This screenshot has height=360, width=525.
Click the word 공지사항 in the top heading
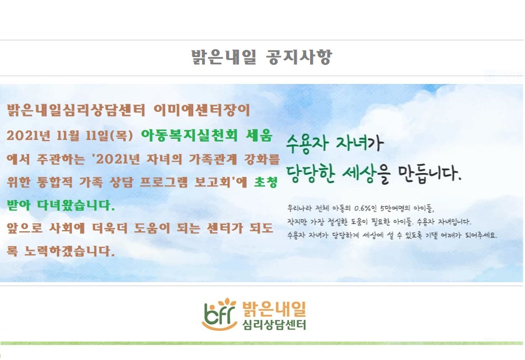point(299,57)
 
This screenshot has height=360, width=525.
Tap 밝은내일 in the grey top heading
point(224,57)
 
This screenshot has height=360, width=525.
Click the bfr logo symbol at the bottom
point(219,314)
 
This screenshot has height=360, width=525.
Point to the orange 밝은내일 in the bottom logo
point(274,308)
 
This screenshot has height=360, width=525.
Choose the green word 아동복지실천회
point(189,135)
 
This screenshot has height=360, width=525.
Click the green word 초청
point(265,182)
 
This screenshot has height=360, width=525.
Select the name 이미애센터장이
point(202,110)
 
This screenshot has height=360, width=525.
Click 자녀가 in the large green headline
point(359,144)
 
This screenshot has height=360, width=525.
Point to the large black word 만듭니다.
point(430,174)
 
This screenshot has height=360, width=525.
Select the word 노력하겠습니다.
point(69,251)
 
